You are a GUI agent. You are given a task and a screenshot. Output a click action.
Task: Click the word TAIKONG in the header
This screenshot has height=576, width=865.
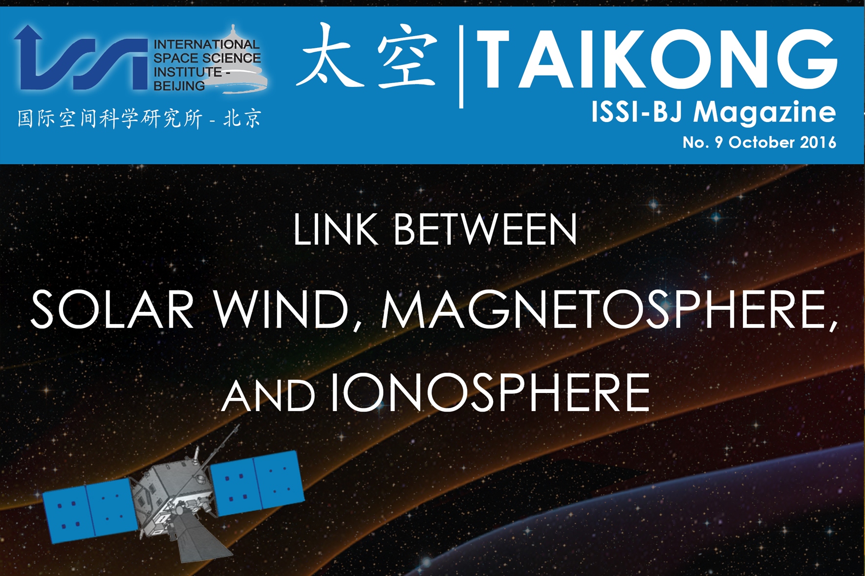[x=657, y=59]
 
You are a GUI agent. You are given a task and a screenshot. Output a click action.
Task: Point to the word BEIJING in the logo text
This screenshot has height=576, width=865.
[x=179, y=86]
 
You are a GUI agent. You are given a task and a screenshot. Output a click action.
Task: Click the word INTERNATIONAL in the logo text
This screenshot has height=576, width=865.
[x=207, y=44]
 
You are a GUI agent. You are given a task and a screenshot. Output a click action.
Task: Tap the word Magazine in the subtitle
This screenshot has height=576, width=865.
[x=765, y=113]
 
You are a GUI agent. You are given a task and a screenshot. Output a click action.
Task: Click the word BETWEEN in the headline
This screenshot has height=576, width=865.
[x=486, y=229]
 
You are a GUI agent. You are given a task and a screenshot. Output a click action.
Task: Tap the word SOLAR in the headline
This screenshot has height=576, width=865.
[x=112, y=309]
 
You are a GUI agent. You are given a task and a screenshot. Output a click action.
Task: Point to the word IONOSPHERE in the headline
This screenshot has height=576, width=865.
[x=490, y=392]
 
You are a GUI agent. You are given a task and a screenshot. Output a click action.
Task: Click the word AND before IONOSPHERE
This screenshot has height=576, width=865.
[x=268, y=395]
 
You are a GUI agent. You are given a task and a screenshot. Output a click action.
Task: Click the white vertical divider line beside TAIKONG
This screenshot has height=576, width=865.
[x=461, y=67]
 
